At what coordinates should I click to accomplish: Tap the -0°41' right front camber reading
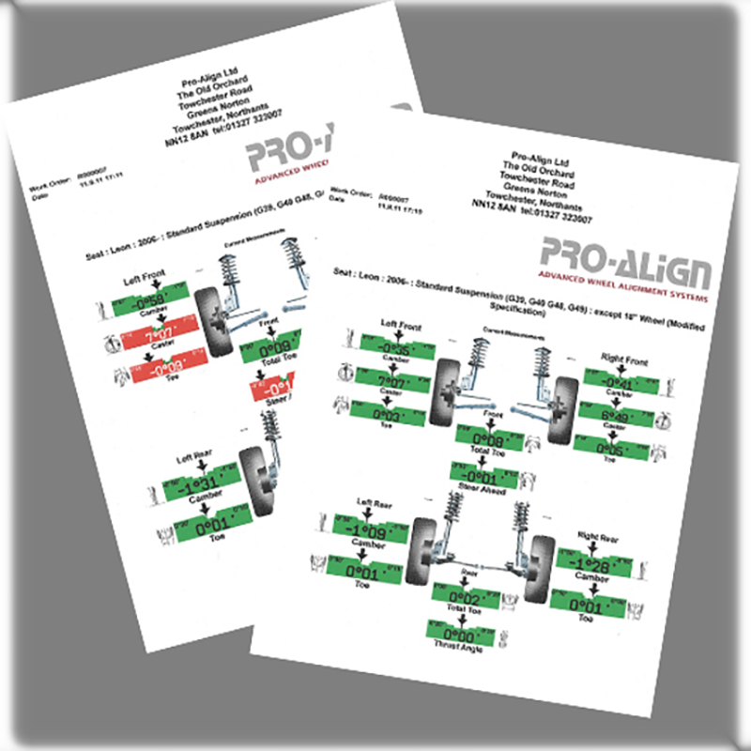tap(615, 380)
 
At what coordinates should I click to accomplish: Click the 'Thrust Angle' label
tap(459, 649)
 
